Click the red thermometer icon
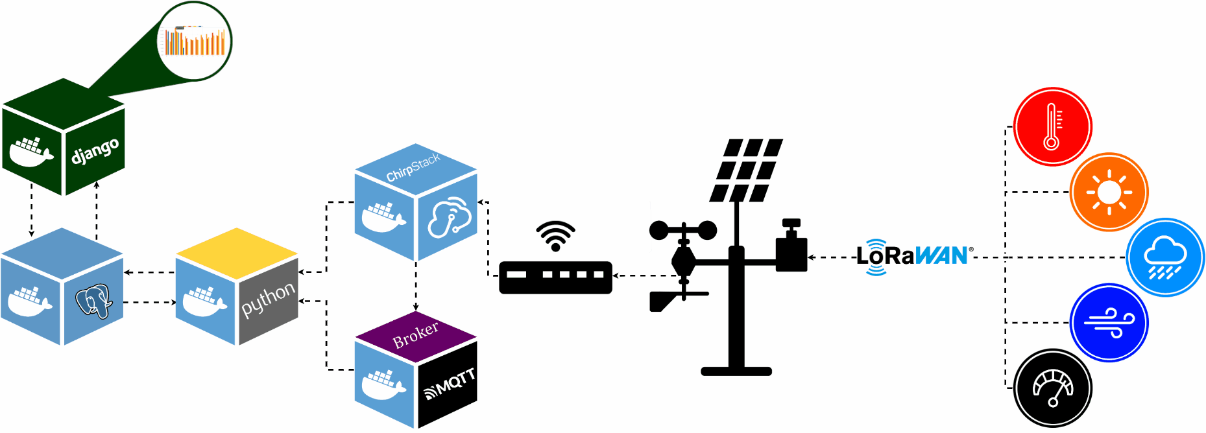1052,126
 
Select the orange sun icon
1109,192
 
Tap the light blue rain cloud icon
1165,257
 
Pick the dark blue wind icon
1109,322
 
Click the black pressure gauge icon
1052,388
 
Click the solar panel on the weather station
746,170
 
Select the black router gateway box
555,277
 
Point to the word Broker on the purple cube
415,334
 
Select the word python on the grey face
268,300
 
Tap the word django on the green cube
95,151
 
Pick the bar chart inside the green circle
195,42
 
